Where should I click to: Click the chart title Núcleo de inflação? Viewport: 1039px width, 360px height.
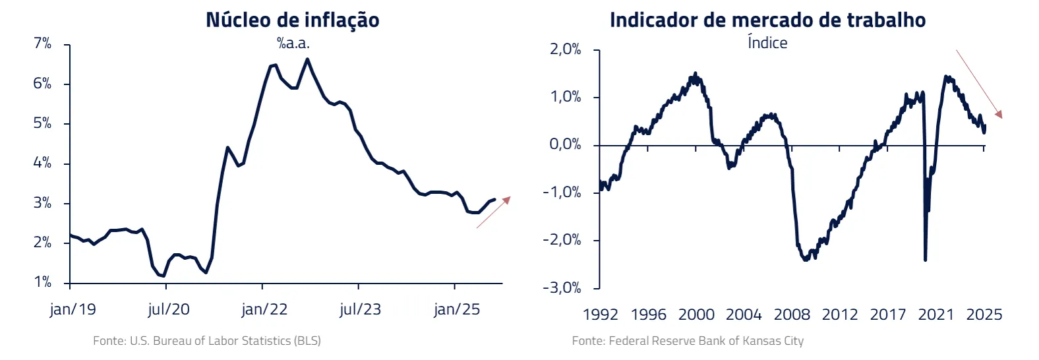pyautogui.click(x=292, y=20)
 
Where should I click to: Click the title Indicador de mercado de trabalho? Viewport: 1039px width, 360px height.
pyautogui.click(x=767, y=20)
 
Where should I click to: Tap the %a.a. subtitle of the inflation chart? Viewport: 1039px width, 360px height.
pyautogui.click(x=293, y=44)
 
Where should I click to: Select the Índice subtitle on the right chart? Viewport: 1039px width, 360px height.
pyautogui.click(x=767, y=43)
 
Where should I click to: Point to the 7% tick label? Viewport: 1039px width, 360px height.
pyautogui.click(x=42, y=44)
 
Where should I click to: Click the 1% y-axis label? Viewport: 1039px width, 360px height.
pyautogui.click(x=42, y=282)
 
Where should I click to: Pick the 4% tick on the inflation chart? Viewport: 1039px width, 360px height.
pyautogui.click(x=42, y=163)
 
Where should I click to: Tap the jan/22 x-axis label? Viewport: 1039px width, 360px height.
pyautogui.click(x=264, y=309)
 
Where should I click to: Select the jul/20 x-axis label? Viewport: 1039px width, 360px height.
pyautogui.click(x=168, y=309)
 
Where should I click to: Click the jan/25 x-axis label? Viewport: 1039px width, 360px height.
pyautogui.click(x=457, y=309)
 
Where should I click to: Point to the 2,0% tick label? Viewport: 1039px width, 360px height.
pyautogui.click(x=566, y=49)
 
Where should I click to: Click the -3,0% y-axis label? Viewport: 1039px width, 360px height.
pyautogui.click(x=562, y=287)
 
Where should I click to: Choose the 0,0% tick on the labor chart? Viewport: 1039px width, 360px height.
pyautogui.click(x=566, y=144)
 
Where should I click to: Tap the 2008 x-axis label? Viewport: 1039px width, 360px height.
pyautogui.click(x=792, y=315)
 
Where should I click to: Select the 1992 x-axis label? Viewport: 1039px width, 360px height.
pyautogui.click(x=600, y=315)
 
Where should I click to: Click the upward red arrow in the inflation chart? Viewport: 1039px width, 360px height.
pyautogui.click(x=494, y=212)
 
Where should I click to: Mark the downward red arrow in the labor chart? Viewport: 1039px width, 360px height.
pyautogui.click(x=979, y=84)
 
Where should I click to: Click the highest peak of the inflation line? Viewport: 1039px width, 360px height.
pyautogui.click(x=307, y=59)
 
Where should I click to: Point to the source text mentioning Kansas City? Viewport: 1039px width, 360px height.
pyautogui.click(x=688, y=341)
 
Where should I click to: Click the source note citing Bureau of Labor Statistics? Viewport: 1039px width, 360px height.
pyautogui.click(x=207, y=341)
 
